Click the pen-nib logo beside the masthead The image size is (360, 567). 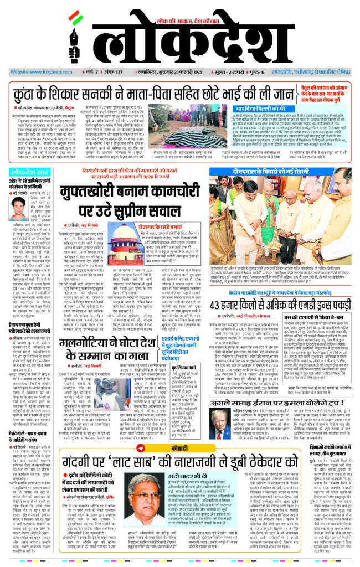coord(74,40)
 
